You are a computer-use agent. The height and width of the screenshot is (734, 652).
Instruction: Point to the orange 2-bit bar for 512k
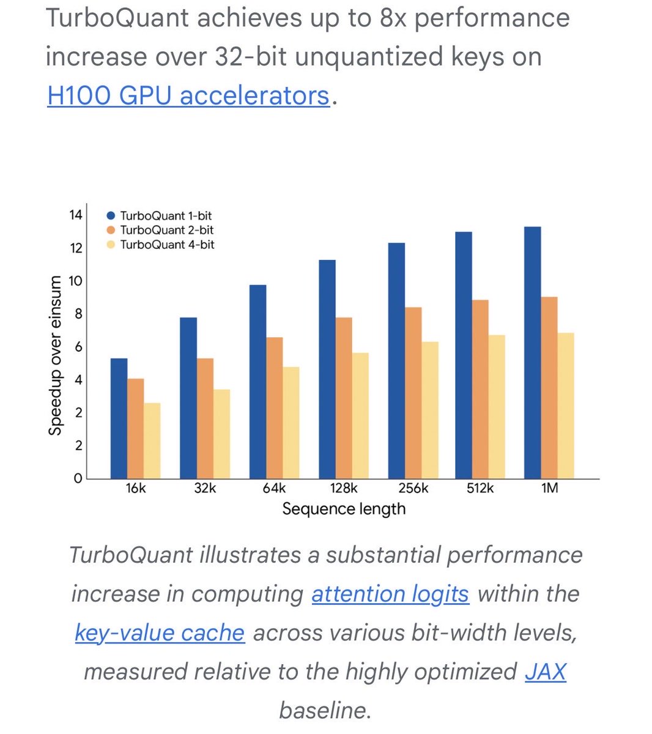click(480, 389)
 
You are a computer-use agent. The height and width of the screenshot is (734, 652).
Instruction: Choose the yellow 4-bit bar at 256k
click(430, 410)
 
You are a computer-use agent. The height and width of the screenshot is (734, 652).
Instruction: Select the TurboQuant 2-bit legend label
click(167, 231)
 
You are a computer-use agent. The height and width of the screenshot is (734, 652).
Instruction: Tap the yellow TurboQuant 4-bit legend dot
click(111, 245)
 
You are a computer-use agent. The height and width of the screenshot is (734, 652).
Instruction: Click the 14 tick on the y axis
click(75, 215)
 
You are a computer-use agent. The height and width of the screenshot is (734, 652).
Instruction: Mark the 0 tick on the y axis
click(78, 478)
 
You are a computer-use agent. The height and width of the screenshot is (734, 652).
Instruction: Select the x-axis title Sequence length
click(344, 509)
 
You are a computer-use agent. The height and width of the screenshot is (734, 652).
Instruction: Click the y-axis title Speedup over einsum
click(56, 355)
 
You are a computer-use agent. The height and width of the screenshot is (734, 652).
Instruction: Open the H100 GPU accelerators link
click(188, 96)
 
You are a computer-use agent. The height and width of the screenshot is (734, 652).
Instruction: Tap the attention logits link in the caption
click(390, 594)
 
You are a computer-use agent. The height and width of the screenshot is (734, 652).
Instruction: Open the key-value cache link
click(160, 632)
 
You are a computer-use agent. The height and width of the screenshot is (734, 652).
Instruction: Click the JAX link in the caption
click(546, 672)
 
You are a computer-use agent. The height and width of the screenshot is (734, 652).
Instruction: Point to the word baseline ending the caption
click(325, 710)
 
